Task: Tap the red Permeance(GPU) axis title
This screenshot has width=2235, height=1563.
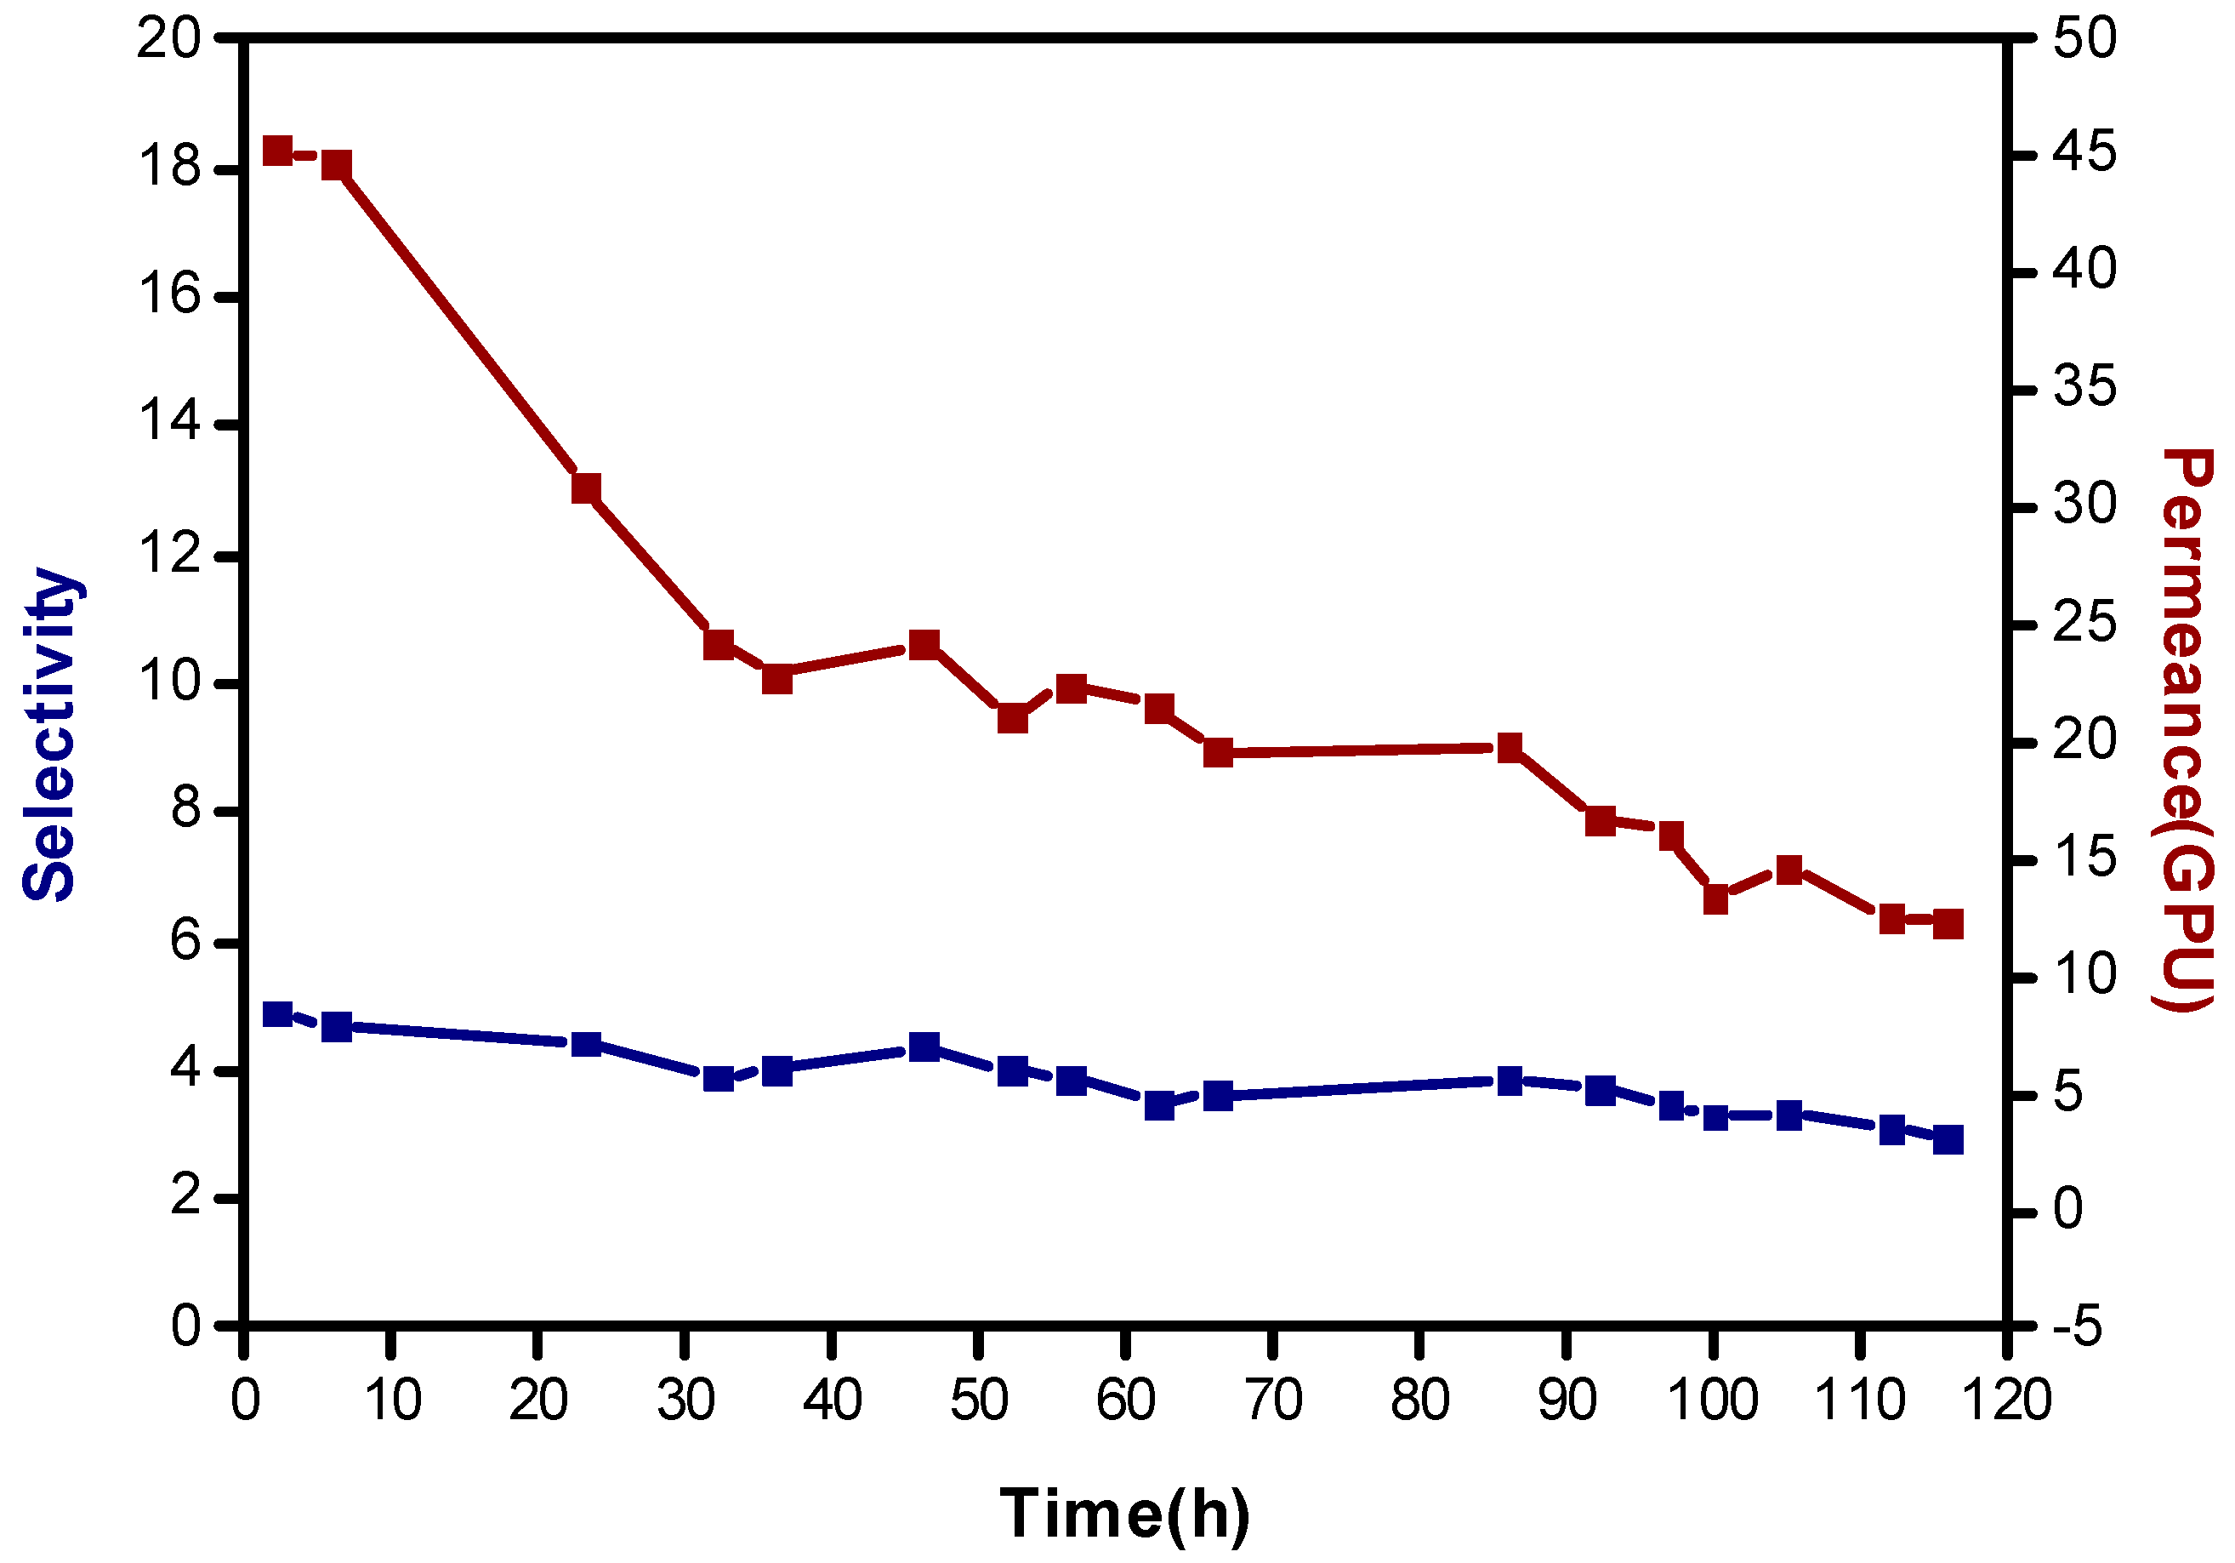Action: [x=2187, y=730]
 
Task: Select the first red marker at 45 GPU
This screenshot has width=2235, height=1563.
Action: [x=278, y=151]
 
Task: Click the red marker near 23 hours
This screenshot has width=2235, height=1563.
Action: [x=586, y=488]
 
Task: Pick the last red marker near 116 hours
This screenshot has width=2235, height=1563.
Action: [x=1948, y=924]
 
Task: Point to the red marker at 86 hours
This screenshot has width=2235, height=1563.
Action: [x=1510, y=748]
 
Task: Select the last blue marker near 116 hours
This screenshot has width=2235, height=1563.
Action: [x=1948, y=1139]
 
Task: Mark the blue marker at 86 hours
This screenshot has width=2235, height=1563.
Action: [x=1510, y=1081]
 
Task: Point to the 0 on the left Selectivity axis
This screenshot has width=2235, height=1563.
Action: [x=185, y=1326]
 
